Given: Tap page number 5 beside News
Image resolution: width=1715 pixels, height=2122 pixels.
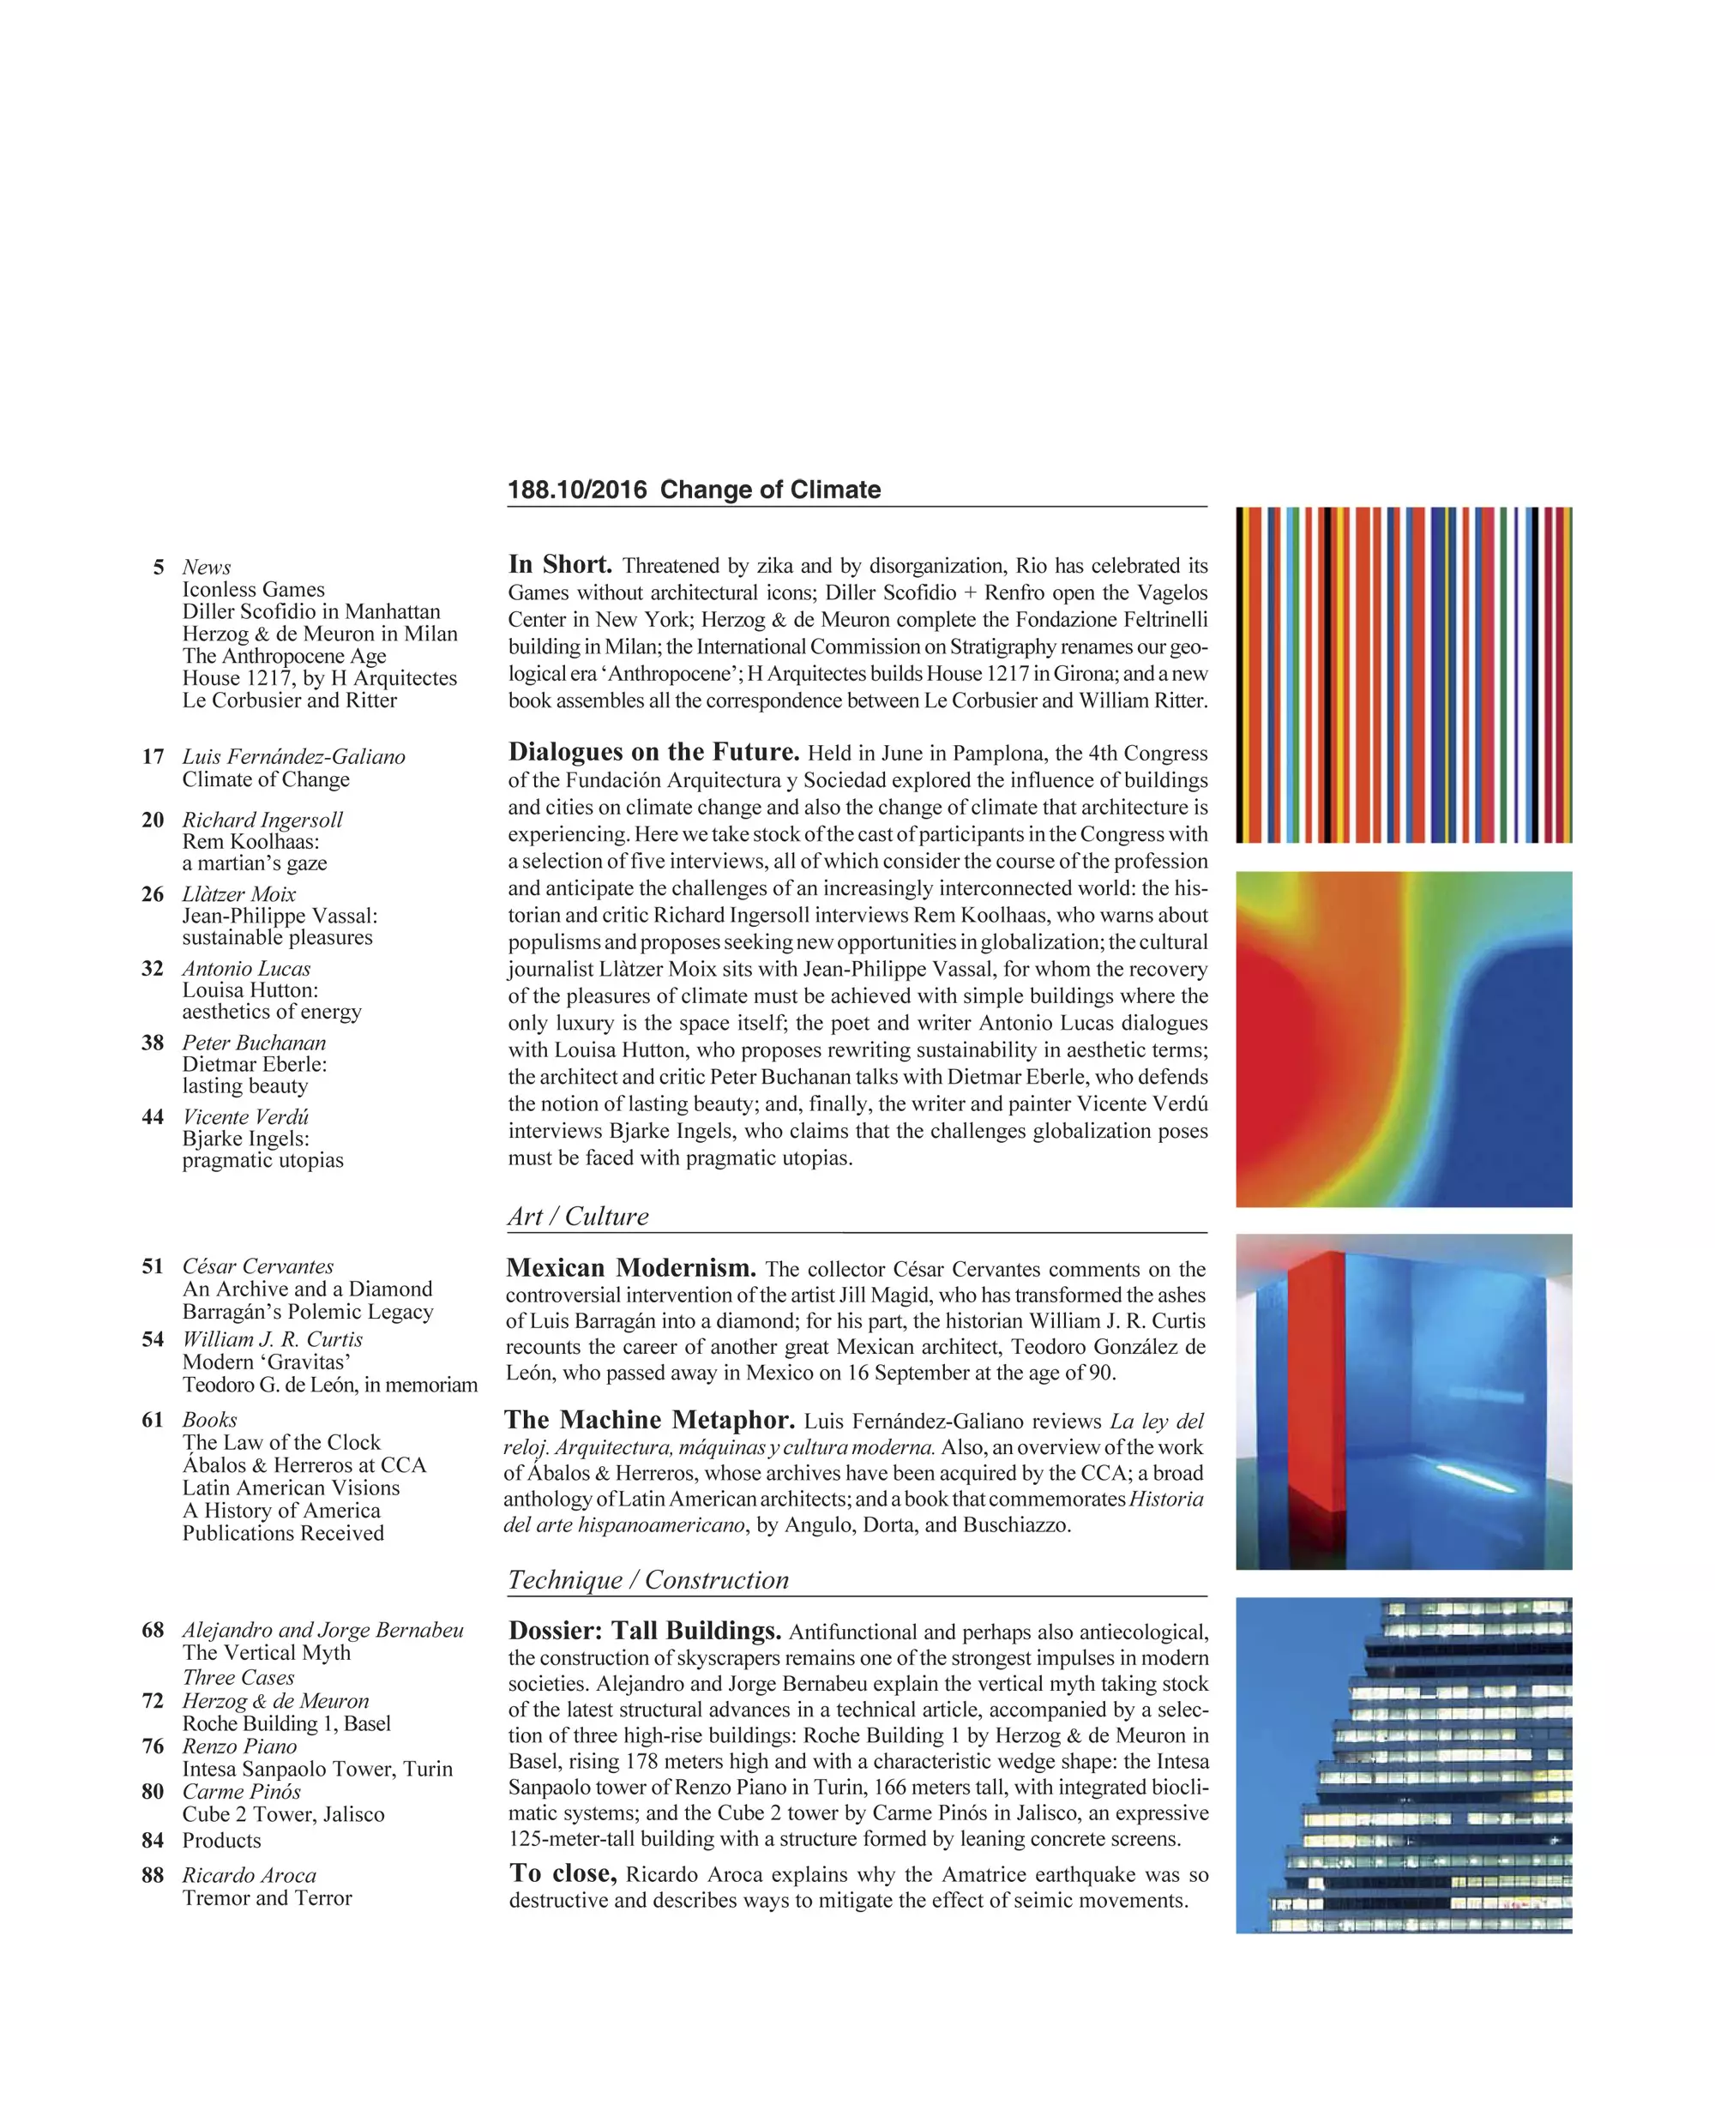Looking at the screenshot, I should [158, 567].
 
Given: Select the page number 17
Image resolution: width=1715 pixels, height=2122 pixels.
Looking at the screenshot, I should [153, 757].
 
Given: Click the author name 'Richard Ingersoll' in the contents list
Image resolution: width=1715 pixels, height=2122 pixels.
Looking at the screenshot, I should [262, 820].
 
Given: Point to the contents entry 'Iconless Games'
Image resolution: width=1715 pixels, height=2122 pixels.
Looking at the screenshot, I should [253, 590].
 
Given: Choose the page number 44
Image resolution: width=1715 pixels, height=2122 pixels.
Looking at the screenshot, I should [153, 1117].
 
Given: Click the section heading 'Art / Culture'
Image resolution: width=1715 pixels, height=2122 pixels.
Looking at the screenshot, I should [578, 1216].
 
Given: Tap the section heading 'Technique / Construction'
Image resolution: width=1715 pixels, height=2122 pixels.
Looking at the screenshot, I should [648, 1579].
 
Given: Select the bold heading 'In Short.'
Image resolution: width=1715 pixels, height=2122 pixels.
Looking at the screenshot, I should [560, 565].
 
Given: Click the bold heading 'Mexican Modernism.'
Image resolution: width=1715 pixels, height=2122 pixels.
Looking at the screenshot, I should [631, 1268].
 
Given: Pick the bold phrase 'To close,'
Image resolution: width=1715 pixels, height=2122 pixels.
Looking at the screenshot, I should [563, 1873].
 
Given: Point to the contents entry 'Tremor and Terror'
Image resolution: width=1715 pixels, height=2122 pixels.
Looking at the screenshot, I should [267, 1897].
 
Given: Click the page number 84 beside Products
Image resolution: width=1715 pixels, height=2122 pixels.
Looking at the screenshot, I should [153, 1841].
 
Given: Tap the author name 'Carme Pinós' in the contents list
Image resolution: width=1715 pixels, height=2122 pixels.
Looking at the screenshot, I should [241, 1791].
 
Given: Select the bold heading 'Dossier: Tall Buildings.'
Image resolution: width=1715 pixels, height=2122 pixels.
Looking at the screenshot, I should [645, 1631].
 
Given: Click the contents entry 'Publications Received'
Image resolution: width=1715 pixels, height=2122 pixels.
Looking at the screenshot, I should [282, 1533].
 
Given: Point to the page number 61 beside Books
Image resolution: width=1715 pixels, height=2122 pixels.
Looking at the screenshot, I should [153, 1420].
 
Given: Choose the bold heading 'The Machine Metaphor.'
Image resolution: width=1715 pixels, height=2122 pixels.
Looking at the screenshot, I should [649, 1421].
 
